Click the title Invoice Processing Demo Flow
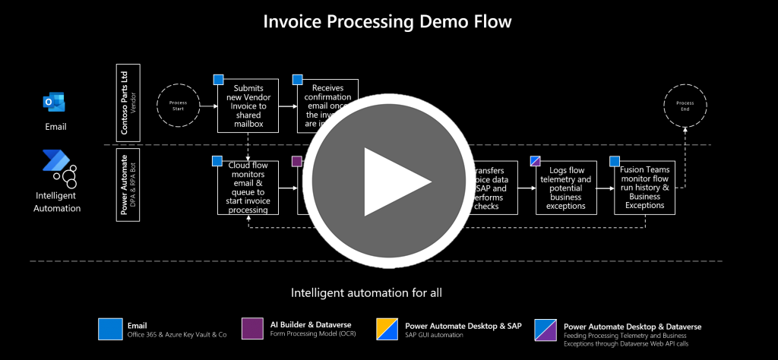(x=387, y=21)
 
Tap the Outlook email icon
(x=55, y=103)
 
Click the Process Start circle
(x=177, y=106)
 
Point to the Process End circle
(x=685, y=106)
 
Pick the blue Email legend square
(x=110, y=328)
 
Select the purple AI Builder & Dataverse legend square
(x=252, y=328)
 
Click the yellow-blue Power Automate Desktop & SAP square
(x=388, y=328)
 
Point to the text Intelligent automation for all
(x=367, y=292)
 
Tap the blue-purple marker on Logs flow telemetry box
(x=535, y=161)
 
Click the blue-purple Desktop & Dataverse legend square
(x=546, y=328)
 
